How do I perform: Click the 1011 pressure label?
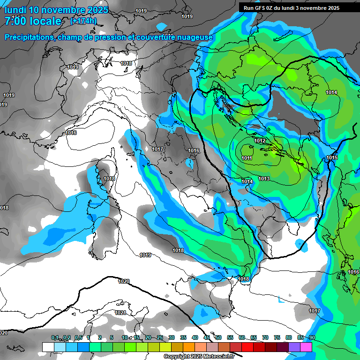point(247,158)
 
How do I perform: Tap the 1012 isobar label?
point(260,141)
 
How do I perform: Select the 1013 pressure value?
point(264,179)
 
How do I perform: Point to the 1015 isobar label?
point(332,158)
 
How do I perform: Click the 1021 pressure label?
point(120,313)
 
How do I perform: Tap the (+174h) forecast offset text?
point(83,21)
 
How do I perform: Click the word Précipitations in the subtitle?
point(30,37)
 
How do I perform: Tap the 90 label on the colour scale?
point(312,338)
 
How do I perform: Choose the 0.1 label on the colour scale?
point(55,338)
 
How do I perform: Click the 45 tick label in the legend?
point(207,338)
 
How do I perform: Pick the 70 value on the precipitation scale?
point(265,338)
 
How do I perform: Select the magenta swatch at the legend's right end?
point(306,347)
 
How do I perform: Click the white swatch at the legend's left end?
point(48,347)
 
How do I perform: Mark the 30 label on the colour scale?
point(172,338)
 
